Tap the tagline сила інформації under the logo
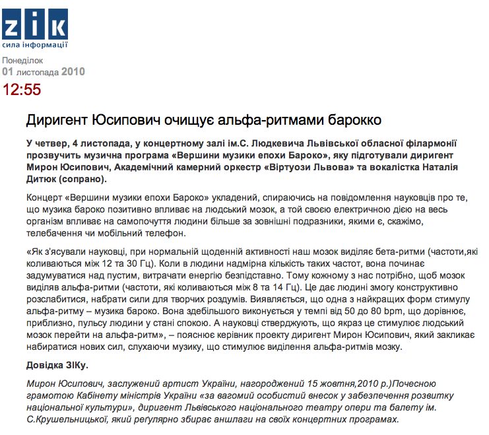34,45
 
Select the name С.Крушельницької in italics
68,419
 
